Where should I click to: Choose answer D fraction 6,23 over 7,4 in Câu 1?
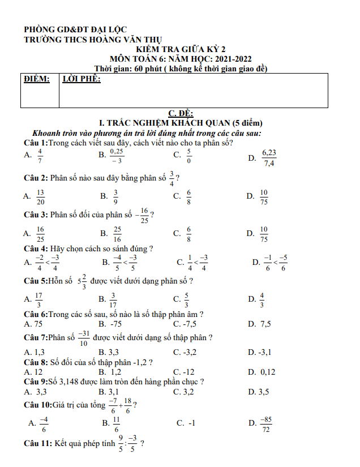(x=269, y=158)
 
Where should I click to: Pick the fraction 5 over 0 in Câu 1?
(x=188, y=156)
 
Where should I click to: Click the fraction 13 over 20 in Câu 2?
(x=40, y=196)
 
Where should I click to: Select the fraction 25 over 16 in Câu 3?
(x=118, y=233)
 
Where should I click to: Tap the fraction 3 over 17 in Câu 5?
(x=113, y=299)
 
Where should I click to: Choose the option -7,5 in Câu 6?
(x=189, y=324)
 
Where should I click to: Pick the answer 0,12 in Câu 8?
(x=268, y=372)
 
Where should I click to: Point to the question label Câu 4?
(x=35, y=248)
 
